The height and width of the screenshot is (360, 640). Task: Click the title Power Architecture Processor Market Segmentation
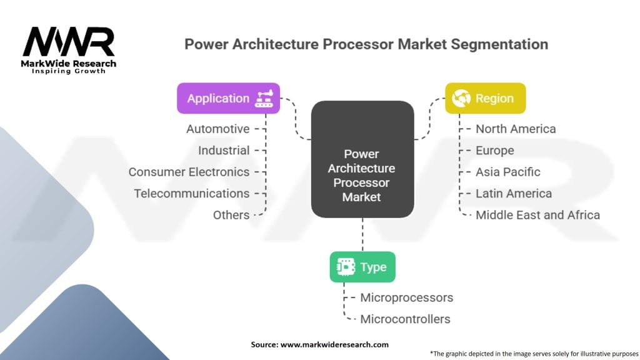point(366,45)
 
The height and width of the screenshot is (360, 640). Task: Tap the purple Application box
point(228,98)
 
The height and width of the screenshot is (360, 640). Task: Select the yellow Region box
point(485,98)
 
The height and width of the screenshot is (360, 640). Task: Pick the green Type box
point(362,267)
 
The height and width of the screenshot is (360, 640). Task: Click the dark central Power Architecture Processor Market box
point(362,159)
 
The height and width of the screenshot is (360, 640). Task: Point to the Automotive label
point(217,129)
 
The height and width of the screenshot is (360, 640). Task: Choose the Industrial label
point(224,151)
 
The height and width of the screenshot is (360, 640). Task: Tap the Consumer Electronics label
point(189,172)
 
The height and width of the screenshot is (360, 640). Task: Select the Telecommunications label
point(192,194)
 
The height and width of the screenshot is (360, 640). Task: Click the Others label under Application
point(231,215)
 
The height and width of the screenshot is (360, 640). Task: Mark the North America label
point(516,129)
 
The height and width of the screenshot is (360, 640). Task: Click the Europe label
point(494,151)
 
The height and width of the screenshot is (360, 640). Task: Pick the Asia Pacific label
point(508,172)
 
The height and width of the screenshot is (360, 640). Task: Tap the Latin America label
point(514,194)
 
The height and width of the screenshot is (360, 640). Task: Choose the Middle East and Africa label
point(537,215)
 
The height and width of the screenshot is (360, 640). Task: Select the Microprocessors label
point(407,297)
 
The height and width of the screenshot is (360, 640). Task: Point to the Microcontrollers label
point(405,319)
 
